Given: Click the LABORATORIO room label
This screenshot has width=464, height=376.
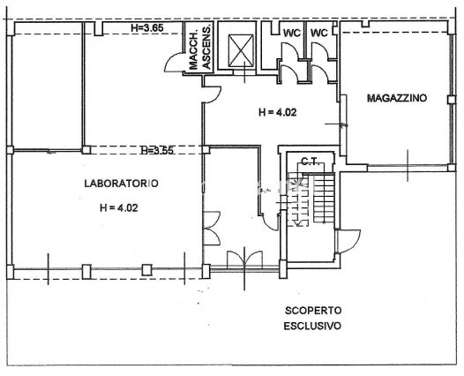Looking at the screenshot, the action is tap(122, 184).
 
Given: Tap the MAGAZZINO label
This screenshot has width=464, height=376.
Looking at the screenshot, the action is tap(397, 98).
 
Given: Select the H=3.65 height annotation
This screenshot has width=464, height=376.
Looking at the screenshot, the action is tap(147, 28).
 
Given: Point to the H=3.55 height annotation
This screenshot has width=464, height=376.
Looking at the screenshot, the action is tap(157, 150).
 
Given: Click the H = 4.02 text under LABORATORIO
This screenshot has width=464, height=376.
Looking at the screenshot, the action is tap(119, 207).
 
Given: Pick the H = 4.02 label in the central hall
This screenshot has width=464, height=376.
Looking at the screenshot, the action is tap(278, 112).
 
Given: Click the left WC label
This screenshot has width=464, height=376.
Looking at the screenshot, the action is tap(292, 33).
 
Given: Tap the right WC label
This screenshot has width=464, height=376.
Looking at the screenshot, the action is tap(319, 33).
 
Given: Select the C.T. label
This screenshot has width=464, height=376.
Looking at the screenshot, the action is tap(311, 162).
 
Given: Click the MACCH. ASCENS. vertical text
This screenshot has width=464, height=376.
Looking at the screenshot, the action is tap(200, 48).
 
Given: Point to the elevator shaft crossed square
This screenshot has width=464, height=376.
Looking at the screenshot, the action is tap(241, 50).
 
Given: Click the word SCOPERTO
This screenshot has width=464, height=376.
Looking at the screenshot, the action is tap(313, 311).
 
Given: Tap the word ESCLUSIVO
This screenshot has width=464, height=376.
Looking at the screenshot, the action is tap(312, 326).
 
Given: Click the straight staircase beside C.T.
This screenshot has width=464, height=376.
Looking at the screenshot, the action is tap(324, 198).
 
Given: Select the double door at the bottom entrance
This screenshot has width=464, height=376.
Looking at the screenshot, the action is tap(244, 259).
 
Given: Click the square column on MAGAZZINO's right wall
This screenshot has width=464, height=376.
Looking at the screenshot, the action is tap(451, 100).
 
